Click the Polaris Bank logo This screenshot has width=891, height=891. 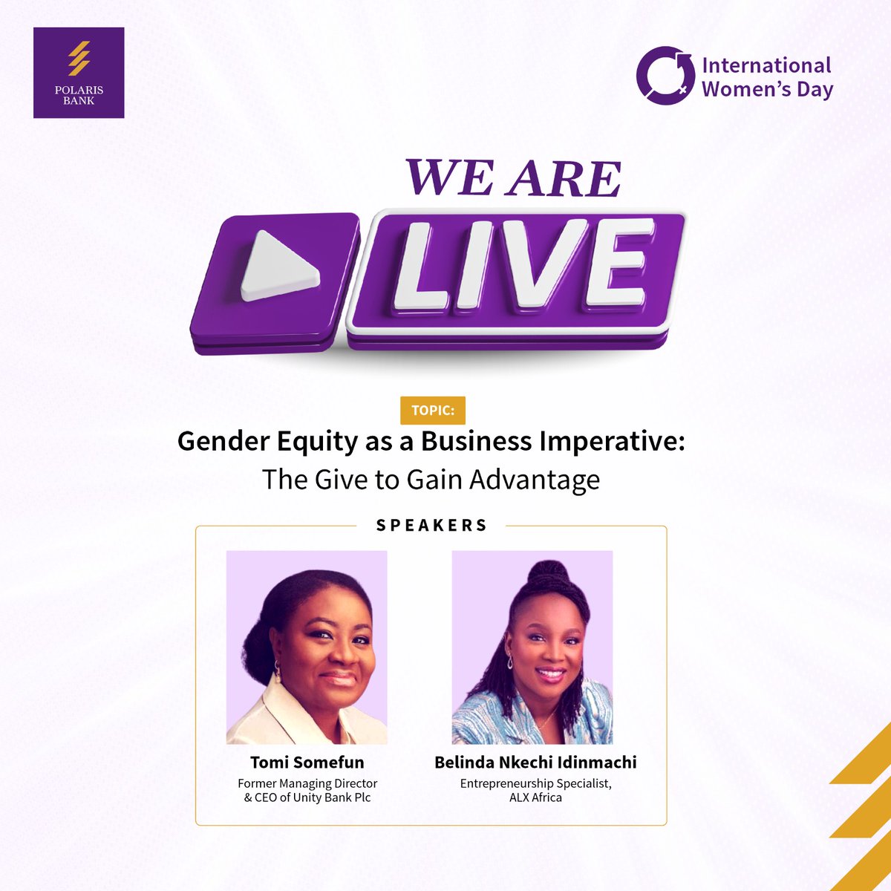point(79,72)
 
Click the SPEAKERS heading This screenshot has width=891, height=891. point(431,526)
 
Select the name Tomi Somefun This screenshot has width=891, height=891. point(307,762)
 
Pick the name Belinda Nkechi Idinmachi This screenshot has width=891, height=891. point(535,762)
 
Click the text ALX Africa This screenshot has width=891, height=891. point(535,797)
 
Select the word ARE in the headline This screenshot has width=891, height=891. point(564,179)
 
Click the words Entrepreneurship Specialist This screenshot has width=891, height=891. point(535,783)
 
